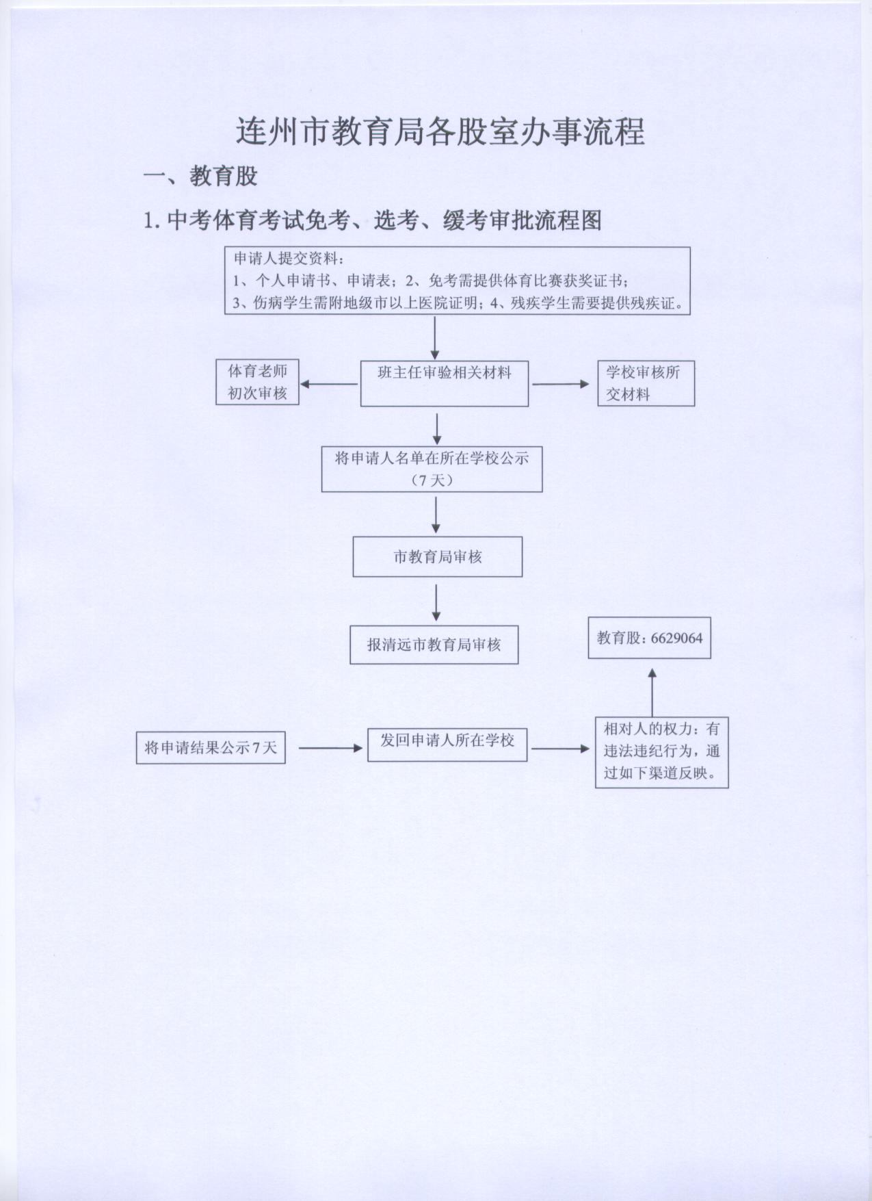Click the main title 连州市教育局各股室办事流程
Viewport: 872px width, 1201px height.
440,132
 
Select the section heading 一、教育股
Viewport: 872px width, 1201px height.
200,177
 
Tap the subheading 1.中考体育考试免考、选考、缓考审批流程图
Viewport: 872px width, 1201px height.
373,220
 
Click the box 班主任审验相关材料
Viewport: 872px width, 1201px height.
445,383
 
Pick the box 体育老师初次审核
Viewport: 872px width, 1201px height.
257,382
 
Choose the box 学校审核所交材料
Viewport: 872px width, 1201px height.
646,383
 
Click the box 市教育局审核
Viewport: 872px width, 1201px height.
438,556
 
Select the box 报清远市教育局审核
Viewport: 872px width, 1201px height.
434,644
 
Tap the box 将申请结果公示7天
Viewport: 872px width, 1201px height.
211,747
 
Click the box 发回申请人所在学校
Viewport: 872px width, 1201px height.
447,745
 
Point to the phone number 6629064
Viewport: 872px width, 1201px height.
676,638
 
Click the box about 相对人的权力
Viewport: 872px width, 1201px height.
661,752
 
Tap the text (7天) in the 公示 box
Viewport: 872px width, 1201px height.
432,480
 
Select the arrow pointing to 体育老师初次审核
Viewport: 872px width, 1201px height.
329,384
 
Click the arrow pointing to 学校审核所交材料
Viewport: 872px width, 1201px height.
561,384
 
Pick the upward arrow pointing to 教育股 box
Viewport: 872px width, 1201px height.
652,692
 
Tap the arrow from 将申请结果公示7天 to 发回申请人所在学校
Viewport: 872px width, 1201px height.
330,748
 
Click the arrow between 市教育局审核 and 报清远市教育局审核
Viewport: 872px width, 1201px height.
436,602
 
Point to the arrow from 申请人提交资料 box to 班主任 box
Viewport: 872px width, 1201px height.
435,338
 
